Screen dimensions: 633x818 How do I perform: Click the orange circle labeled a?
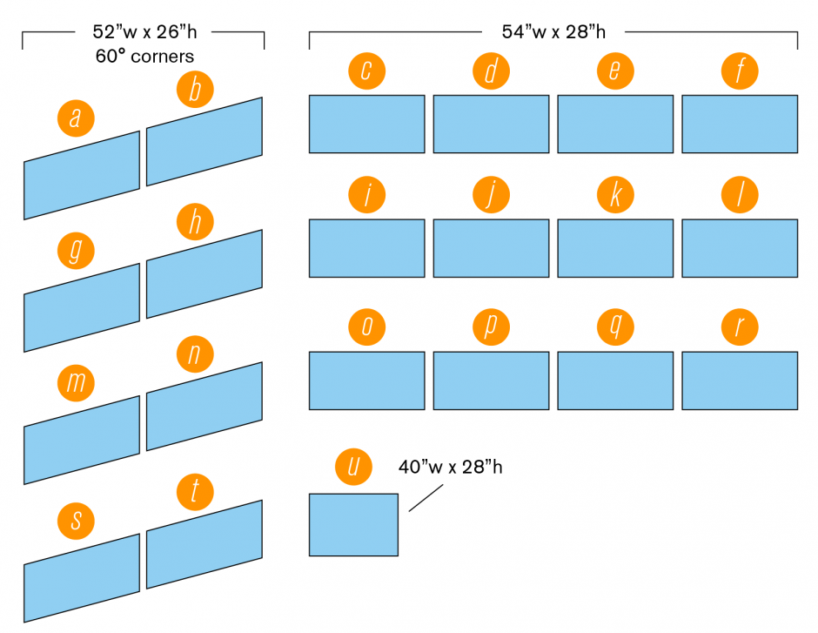(x=75, y=118)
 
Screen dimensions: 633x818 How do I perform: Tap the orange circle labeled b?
(x=194, y=90)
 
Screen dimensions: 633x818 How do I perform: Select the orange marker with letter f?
(x=740, y=71)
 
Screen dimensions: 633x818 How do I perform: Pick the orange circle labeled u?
(x=353, y=467)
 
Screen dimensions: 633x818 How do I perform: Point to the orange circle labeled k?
(x=615, y=196)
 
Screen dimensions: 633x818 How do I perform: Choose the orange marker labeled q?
(x=615, y=327)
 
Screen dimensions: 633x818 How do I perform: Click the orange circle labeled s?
(x=77, y=521)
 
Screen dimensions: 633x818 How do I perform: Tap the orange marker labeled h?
(x=194, y=224)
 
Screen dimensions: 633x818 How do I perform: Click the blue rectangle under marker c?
(x=366, y=124)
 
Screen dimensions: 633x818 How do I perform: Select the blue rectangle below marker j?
(x=491, y=248)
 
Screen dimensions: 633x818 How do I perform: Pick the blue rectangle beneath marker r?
(x=740, y=380)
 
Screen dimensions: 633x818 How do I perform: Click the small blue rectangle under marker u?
(x=353, y=524)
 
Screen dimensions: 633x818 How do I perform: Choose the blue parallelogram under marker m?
(x=81, y=440)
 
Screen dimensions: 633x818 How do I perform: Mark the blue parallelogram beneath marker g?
(x=81, y=307)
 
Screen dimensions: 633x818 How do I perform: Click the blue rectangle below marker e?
(x=615, y=124)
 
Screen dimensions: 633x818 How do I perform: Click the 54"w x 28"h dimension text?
(x=553, y=32)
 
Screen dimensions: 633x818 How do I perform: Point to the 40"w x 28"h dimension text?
(x=451, y=467)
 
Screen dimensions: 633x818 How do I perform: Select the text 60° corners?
(x=143, y=57)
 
